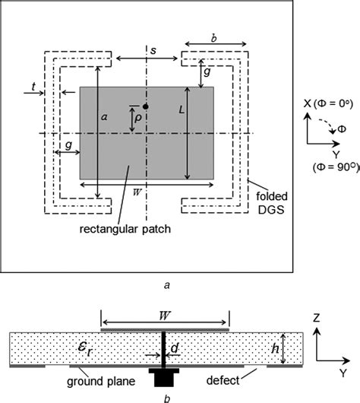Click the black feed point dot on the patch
click(145, 106)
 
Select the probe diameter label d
click(175, 348)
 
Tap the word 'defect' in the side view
click(225, 379)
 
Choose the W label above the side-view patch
click(165, 313)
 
